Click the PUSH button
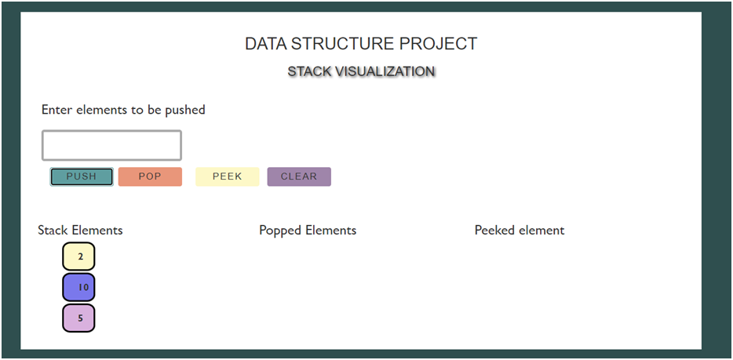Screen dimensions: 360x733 [82, 176]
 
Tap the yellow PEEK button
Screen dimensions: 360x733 [227, 176]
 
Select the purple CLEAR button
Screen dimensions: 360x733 [299, 176]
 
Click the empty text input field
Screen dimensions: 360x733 [111, 146]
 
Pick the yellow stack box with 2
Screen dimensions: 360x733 [78, 256]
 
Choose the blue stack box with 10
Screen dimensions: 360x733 [78, 287]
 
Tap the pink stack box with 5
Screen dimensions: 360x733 [78, 318]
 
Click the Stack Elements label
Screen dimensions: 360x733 [80, 230]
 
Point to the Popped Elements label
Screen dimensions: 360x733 [308, 230]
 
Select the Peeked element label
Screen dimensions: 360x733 [520, 230]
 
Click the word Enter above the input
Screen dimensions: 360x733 [57, 110]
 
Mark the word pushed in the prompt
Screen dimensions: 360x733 [185, 110]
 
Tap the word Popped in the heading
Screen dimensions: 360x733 [280, 230]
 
